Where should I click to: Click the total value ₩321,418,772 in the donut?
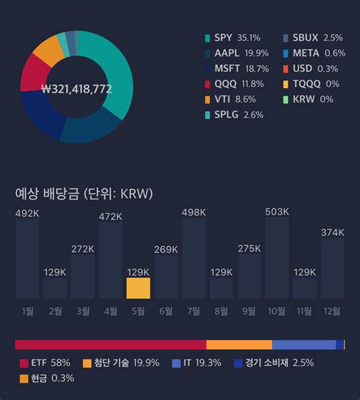coord(77,89)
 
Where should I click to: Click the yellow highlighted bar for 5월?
coord(138,288)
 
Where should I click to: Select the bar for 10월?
coord(276,258)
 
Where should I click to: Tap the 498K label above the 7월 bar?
coord(194,212)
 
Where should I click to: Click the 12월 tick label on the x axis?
coord(332,310)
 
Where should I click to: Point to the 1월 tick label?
coord(27,310)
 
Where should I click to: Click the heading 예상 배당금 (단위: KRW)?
coord(84,194)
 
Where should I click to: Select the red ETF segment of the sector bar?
coord(110,345)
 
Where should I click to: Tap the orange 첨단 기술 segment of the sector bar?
coord(238,345)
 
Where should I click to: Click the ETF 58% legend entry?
coord(45,363)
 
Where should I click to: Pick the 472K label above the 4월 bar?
coord(111,216)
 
